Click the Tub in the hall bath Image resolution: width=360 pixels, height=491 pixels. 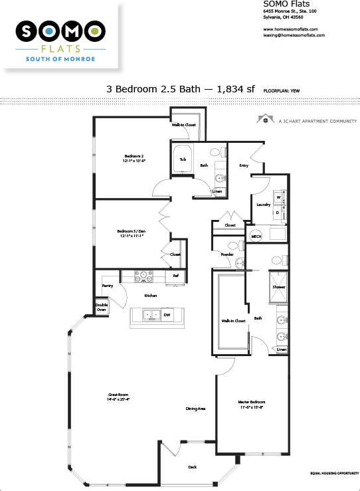click(182, 160)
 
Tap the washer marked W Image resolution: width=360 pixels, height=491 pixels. click(279, 197)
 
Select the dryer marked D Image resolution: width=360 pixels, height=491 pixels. click(279, 213)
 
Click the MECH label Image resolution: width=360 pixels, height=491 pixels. click(256, 237)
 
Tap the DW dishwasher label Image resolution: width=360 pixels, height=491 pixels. click(167, 314)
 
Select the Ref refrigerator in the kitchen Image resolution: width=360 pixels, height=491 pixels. click(175, 276)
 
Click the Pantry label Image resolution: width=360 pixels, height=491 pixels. click(107, 286)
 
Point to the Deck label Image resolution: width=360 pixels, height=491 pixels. click(192, 467)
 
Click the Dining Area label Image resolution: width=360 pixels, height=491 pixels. click(195, 409)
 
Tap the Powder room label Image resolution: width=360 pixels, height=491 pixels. click(227, 254)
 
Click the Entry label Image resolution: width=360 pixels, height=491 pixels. click(244, 165)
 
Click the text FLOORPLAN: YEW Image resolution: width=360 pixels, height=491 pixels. click(282, 88)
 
